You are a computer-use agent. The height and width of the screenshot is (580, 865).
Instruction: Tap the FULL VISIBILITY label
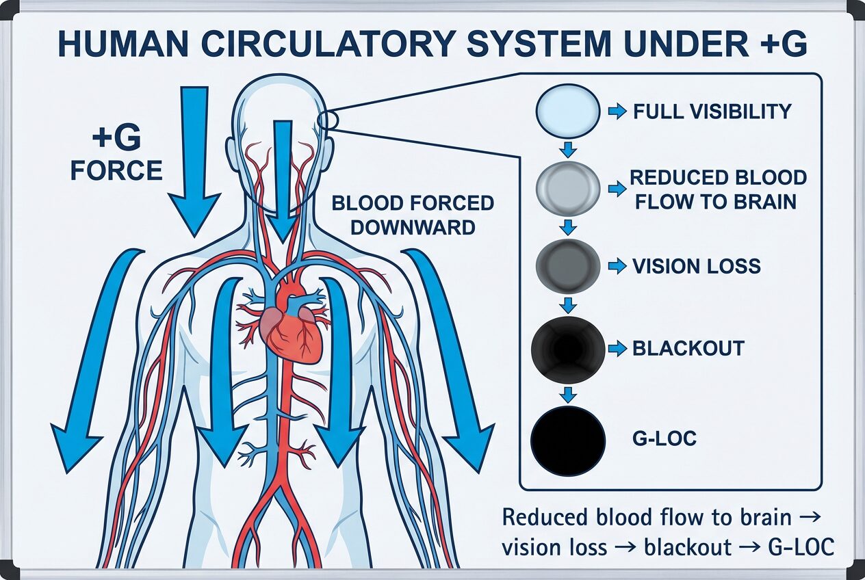[712, 111]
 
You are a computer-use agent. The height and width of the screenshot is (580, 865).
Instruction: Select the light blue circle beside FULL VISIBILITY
[567, 110]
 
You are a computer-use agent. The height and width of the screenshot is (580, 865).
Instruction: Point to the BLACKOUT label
[688, 348]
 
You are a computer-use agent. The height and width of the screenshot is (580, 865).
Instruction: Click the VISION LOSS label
[696, 266]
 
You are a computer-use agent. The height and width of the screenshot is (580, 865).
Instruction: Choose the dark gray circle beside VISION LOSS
[567, 266]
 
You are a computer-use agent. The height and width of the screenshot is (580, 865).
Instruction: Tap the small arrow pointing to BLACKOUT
[617, 349]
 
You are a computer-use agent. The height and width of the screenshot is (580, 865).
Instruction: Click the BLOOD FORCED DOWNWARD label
[413, 215]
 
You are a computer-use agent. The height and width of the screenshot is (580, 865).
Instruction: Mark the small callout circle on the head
[328, 120]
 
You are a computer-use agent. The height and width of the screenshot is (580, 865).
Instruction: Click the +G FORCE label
[116, 154]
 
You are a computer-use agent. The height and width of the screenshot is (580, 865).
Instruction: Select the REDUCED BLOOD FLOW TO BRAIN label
[718, 189]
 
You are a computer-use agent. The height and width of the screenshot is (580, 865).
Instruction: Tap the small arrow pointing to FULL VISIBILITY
[617, 111]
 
